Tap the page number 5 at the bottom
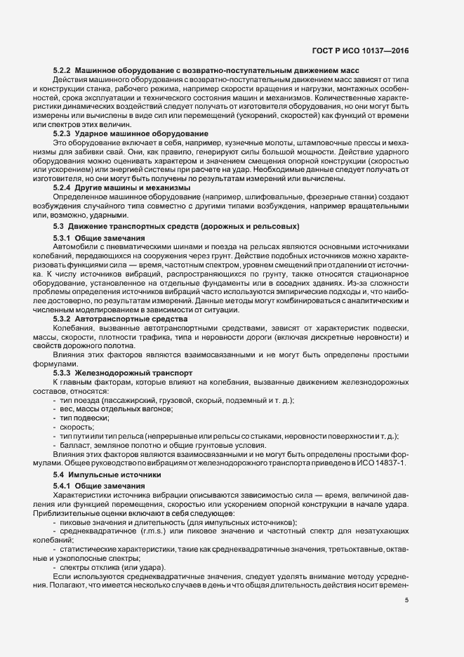pyautogui.click(x=406, y=601)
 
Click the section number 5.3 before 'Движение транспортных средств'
pyautogui.click(x=60, y=226)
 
